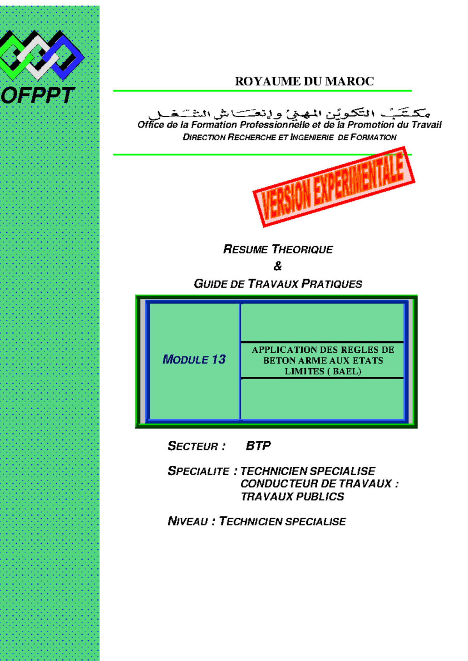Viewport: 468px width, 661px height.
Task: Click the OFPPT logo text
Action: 38,95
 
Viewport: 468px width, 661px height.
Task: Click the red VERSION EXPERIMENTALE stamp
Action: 334,187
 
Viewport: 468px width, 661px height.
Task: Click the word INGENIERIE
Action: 312,138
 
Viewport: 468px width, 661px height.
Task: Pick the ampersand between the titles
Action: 278,267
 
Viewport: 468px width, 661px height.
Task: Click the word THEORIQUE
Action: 302,250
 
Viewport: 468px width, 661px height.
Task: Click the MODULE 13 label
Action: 194,359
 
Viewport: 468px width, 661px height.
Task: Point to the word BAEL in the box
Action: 345,371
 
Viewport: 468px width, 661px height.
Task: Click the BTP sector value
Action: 258,446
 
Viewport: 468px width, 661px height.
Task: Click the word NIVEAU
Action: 188,521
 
